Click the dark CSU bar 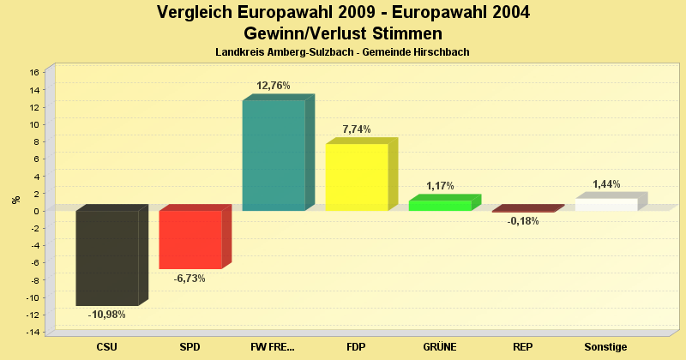coord(107,257)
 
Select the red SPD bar coord(190,239)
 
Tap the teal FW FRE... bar coord(274,155)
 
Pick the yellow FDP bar coord(357,177)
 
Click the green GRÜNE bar coord(440,205)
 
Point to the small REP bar coord(523,211)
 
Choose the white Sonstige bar coord(606,204)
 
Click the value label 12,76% coord(274,86)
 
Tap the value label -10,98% coord(107,315)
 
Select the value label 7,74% coord(357,129)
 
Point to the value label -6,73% coord(190,279)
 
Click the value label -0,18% coord(523,221)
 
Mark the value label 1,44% coord(606,184)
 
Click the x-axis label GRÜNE coord(440,347)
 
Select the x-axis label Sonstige coord(606,347)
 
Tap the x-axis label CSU coord(107,347)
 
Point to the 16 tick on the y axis coord(34,72)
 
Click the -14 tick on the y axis coord(33,333)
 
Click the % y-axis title coord(15,200)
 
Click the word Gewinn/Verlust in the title coord(300,33)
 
